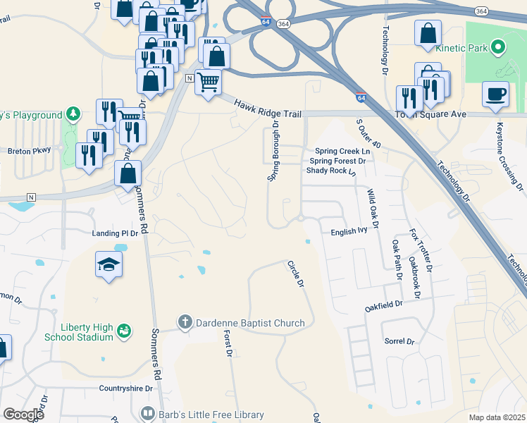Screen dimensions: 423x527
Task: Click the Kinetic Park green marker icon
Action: (498, 48)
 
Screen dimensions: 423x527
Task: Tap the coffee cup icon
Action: (495, 94)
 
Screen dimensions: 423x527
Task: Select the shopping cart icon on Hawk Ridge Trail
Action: (208, 82)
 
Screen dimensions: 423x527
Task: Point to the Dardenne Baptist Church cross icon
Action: (185, 323)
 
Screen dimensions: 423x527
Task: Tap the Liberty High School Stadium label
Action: (77, 331)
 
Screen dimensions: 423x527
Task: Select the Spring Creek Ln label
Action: (342, 151)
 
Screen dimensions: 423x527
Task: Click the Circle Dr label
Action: (295, 274)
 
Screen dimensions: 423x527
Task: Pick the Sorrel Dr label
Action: (399, 341)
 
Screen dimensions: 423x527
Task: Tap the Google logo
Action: (23, 415)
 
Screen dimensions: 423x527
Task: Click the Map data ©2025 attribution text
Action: (497, 417)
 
